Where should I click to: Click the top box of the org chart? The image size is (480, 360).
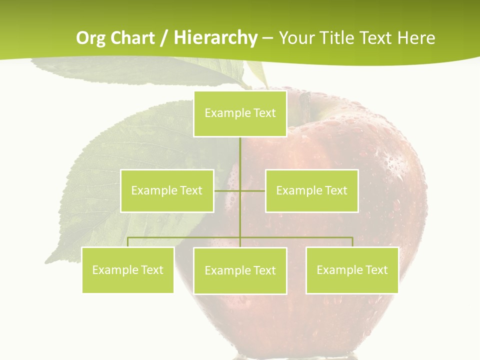[240, 113]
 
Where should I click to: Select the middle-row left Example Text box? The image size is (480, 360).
[167, 190]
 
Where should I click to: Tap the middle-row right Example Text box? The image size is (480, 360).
[311, 190]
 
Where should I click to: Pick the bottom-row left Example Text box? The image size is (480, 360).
[128, 270]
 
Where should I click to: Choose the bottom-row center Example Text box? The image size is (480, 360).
[240, 270]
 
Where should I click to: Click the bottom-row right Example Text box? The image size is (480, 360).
[352, 270]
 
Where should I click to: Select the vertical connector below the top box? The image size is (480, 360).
[240, 155]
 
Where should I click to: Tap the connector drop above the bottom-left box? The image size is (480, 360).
[128, 242]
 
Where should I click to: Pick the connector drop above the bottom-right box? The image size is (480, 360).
[352, 242]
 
